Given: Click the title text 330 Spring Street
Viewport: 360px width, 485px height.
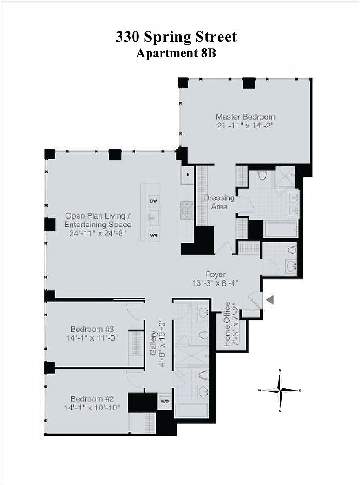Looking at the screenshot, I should [x=176, y=36].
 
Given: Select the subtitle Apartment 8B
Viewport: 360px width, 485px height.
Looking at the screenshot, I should [x=176, y=53].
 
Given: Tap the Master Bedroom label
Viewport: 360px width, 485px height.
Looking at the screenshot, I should [x=245, y=117].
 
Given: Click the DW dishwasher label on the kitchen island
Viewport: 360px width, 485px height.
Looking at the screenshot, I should [x=154, y=201].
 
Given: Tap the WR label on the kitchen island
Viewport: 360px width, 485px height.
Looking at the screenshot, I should [x=154, y=236].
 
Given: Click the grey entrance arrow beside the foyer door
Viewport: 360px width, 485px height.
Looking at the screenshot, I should [x=270, y=300].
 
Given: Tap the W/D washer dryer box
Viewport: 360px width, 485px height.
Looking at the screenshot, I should [x=164, y=402].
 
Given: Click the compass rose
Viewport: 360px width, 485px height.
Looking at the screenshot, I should [x=280, y=390].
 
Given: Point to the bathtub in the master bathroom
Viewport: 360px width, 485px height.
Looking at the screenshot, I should [x=280, y=229].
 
